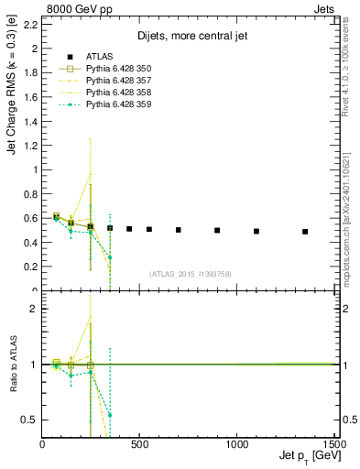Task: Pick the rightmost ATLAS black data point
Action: point(305,232)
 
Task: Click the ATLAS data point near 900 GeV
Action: point(217,231)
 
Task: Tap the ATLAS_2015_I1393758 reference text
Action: point(190,274)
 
